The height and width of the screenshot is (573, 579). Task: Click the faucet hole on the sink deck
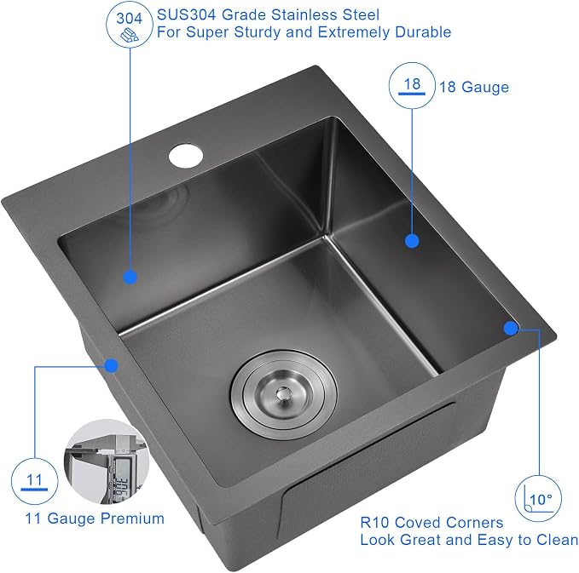coord(186,156)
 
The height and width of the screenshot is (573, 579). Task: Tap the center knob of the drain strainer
coord(283,393)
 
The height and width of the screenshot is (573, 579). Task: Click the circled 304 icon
coord(130,25)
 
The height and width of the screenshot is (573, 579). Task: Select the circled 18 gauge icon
coord(412,85)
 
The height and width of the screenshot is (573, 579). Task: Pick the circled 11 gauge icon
coord(34,481)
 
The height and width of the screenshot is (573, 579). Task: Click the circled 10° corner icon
coord(538,499)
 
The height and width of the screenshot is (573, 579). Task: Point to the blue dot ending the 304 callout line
coord(130,277)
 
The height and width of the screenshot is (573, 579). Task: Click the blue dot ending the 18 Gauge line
coord(412,241)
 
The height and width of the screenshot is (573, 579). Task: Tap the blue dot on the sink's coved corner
coord(511,328)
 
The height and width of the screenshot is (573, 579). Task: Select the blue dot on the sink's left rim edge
coord(111,365)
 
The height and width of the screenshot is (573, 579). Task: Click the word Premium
coord(132,519)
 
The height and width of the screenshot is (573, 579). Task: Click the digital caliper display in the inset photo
coord(121,479)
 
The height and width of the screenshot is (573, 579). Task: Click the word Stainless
coord(304,14)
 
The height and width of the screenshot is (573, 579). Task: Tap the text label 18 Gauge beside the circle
coord(474,87)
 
